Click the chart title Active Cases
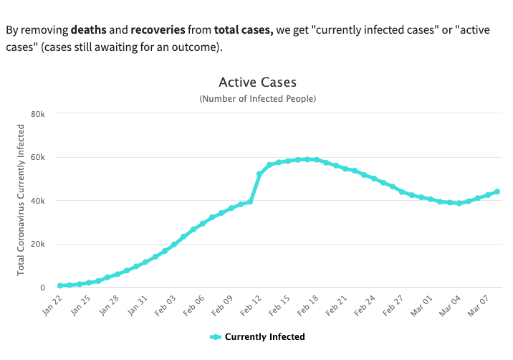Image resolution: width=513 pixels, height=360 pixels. (x=257, y=83)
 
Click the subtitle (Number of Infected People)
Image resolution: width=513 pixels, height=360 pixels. (x=257, y=98)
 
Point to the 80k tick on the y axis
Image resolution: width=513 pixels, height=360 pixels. (x=39, y=114)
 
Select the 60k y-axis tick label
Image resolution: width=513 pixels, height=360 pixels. (x=39, y=157)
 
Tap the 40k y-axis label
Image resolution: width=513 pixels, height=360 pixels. (x=39, y=201)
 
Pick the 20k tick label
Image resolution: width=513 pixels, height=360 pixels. (x=39, y=244)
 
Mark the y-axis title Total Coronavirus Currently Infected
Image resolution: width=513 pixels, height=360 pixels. (x=21, y=199)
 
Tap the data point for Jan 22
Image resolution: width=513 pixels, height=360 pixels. (x=60, y=285)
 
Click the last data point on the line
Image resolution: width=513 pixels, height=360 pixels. (x=497, y=191)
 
